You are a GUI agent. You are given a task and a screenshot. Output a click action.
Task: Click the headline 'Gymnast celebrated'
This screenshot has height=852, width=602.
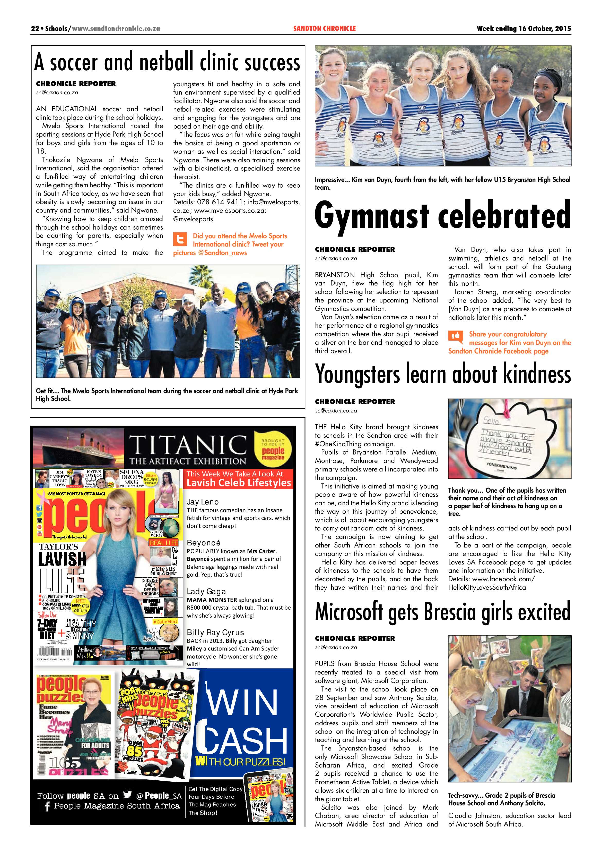point(443,215)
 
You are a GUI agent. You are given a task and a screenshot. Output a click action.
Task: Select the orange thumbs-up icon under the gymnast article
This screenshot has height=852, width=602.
point(456,336)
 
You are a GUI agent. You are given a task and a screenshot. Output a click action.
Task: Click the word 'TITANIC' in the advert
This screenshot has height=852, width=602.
point(188,445)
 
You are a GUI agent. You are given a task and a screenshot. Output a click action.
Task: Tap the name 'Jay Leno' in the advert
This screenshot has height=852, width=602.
point(203,502)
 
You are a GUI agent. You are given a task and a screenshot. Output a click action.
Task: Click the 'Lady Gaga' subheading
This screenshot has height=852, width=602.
point(206,592)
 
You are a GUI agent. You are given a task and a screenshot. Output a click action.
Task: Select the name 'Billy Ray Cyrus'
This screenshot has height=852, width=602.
point(215,632)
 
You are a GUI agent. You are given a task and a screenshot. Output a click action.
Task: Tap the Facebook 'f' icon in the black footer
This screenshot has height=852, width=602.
point(47,806)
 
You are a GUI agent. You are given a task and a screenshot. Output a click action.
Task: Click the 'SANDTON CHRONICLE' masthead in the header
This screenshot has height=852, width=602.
point(324,29)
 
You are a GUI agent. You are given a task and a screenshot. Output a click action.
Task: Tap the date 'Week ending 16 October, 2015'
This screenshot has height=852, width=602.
point(524,29)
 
